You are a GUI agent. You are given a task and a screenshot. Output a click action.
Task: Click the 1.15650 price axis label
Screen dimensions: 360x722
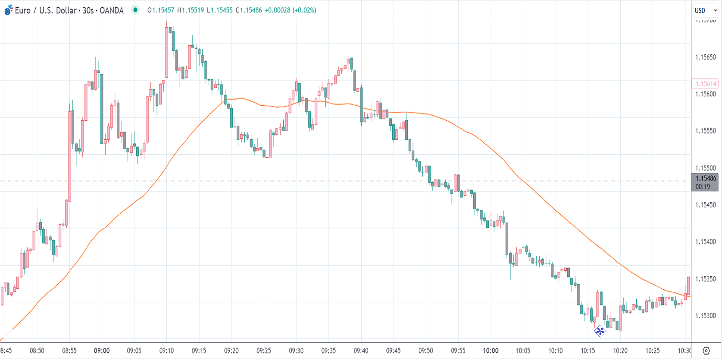(705, 57)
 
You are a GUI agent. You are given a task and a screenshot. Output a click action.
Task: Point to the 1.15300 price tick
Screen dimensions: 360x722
(705, 316)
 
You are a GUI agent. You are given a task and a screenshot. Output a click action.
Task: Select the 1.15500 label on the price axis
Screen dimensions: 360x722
(705, 168)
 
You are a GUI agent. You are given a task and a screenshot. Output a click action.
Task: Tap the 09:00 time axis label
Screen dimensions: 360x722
(102, 351)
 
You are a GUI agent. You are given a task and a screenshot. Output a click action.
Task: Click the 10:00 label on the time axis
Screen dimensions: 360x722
(491, 351)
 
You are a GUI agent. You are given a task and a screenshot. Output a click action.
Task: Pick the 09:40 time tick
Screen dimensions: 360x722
(361, 351)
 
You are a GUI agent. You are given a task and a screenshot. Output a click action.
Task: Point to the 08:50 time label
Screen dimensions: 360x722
(37, 351)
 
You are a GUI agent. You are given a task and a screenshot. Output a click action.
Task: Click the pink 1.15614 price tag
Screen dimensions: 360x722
(705, 84)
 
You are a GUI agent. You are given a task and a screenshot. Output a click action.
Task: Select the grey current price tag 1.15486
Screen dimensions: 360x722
(705, 178)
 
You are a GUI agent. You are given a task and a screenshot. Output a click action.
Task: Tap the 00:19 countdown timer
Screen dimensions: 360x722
(703, 187)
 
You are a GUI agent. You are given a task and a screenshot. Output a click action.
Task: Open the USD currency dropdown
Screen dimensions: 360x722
(705, 10)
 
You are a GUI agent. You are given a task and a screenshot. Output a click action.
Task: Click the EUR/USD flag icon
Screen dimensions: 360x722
(9, 10)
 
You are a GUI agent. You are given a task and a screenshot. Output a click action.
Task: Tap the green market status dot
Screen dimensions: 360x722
(135, 10)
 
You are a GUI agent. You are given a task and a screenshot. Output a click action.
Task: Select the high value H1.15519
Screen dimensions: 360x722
(191, 10)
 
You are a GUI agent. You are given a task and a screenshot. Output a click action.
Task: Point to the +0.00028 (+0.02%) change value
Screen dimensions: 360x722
(290, 10)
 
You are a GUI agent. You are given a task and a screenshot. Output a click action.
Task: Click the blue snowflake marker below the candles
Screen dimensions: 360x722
(600, 331)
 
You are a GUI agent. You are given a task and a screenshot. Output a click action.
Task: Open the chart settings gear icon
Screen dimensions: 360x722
(706, 351)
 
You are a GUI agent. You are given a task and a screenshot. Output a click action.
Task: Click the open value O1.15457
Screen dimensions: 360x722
(161, 10)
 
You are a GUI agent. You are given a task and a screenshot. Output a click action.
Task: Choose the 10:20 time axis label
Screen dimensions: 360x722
(620, 351)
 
